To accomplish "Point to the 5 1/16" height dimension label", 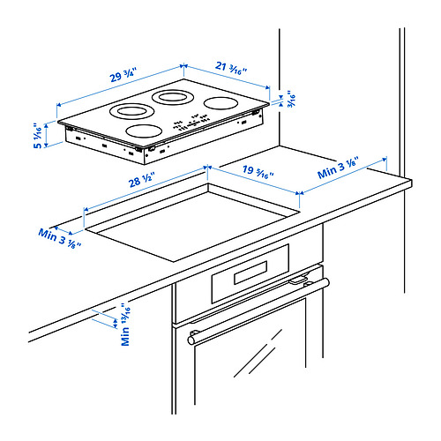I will coord(38,137).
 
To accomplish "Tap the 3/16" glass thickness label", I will coord(289,101).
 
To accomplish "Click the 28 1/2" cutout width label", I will coord(142,182).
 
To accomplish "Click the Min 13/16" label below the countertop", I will coord(126,323).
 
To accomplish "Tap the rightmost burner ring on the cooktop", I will coord(220,103).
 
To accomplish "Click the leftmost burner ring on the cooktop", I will coord(131,112).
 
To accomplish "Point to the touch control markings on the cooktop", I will coord(190,124).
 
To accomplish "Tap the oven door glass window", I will coord(256,370).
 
